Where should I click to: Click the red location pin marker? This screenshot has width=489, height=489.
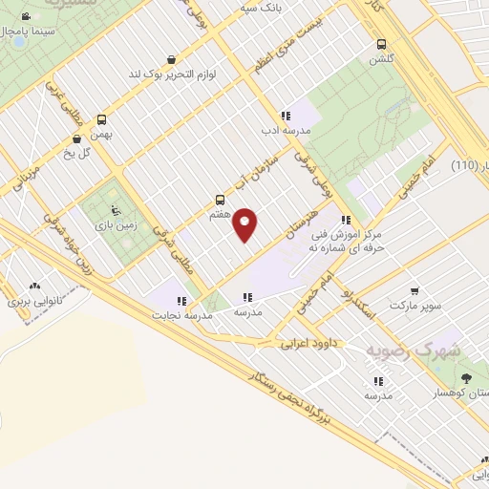pos(245,223)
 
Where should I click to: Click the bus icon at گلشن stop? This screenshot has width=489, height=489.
pos(381,44)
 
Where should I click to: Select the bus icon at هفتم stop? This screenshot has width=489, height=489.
pos(221,201)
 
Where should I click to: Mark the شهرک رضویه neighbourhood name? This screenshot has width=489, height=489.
pos(413,351)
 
